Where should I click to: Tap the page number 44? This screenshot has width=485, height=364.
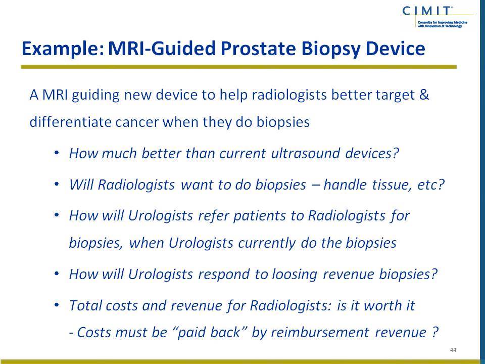(x=453, y=350)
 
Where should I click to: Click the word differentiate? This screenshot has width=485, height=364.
(x=70, y=122)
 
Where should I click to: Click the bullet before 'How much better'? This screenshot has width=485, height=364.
(x=56, y=153)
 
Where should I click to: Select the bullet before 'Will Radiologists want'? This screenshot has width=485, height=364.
(x=56, y=184)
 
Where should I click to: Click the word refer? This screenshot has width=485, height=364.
(x=213, y=215)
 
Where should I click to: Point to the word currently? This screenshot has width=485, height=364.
(x=267, y=243)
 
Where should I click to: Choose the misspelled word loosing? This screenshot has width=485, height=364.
(x=295, y=275)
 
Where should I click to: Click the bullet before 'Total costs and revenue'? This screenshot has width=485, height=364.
(x=56, y=305)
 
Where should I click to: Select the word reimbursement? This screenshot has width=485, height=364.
(x=320, y=333)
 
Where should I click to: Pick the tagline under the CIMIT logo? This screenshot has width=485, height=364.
(x=443, y=24)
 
